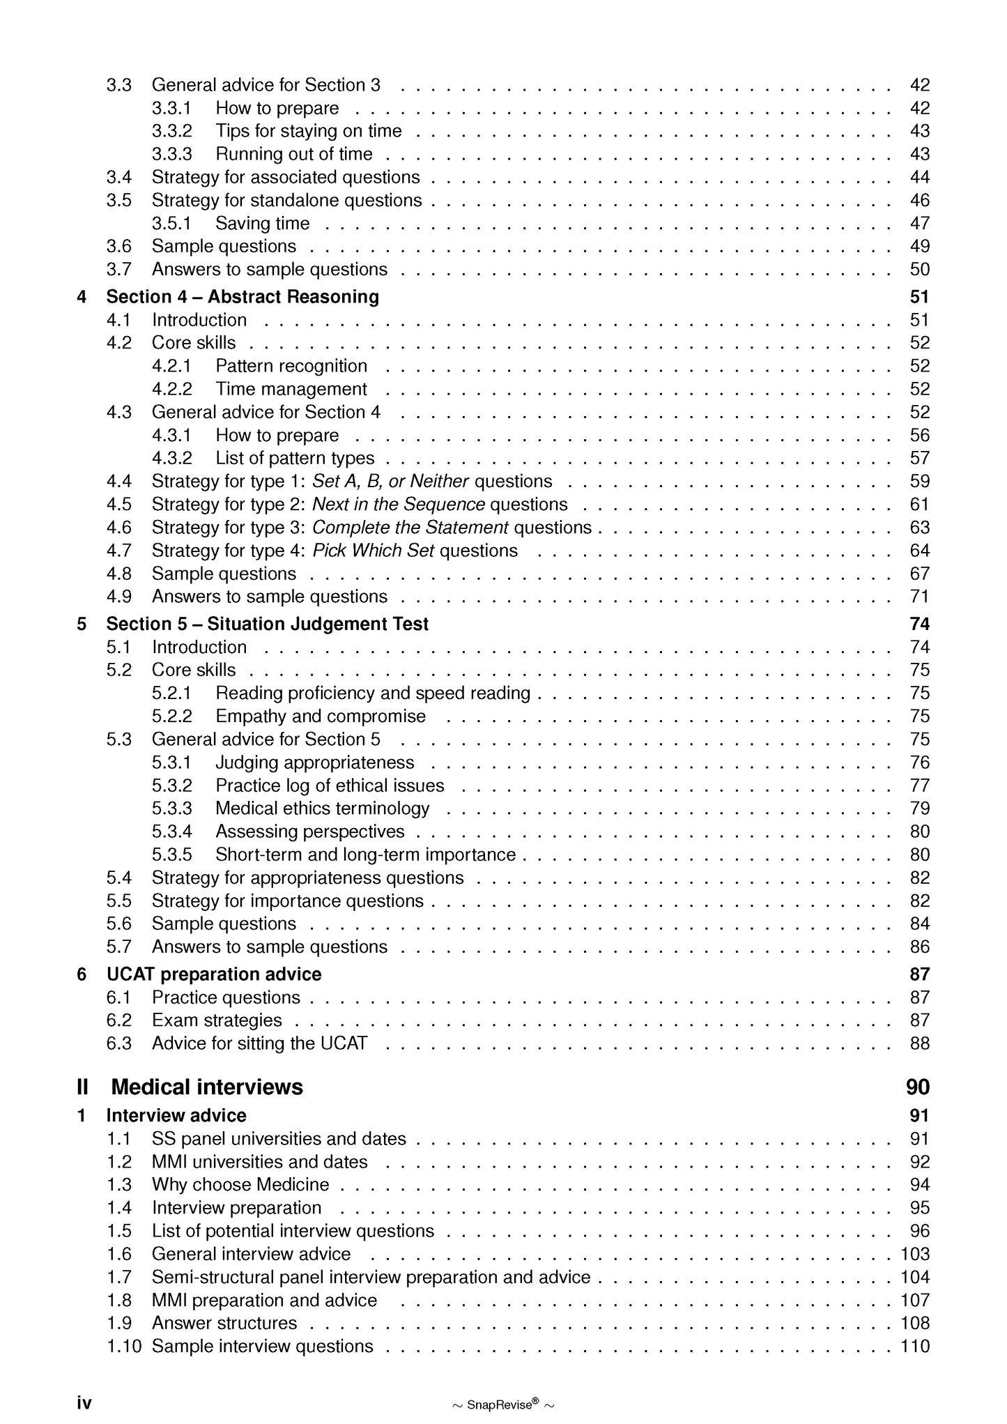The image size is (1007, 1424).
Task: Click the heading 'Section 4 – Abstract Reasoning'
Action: click(x=242, y=297)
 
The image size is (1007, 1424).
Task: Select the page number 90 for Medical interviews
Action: click(x=918, y=1087)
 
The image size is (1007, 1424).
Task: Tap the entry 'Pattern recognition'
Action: click(x=291, y=366)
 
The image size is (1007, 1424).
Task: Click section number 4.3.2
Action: click(x=171, y=458)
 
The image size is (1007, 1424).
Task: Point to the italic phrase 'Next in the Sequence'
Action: click(x=398, y=504)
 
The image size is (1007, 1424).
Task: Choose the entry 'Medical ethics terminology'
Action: click(x=322, y=809)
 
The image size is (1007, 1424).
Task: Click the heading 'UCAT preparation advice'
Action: click(x=213, y=974)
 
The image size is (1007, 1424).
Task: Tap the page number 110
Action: click(x=914, y=1346)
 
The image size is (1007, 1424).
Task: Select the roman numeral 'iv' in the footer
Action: click(x=84, y=1403)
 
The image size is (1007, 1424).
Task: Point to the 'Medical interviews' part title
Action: click(x=207, y=1087)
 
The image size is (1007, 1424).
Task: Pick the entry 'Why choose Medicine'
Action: click(x=240, y=1185)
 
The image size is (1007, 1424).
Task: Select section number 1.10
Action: click(x=123, y=1346)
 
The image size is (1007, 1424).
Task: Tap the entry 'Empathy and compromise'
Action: click(x=320, y=717)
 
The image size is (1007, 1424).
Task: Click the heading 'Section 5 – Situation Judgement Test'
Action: click(x=267, y=624)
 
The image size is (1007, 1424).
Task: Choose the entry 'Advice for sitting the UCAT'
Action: click(x=259, y=1043)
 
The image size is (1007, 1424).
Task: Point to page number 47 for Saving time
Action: click(x=919, y=223)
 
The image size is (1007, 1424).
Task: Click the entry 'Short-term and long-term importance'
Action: click(x=365, y=855)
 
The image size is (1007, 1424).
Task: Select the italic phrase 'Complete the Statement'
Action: click(x=410, y=528)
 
